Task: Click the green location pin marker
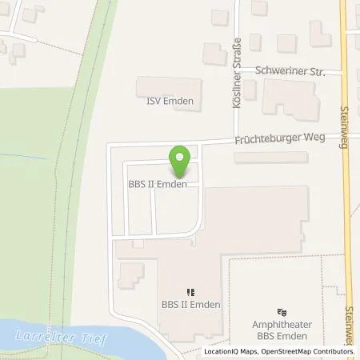180,162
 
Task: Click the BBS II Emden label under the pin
158,185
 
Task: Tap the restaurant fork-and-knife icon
190,292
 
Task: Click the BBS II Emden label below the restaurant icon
190,305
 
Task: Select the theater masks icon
280,312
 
